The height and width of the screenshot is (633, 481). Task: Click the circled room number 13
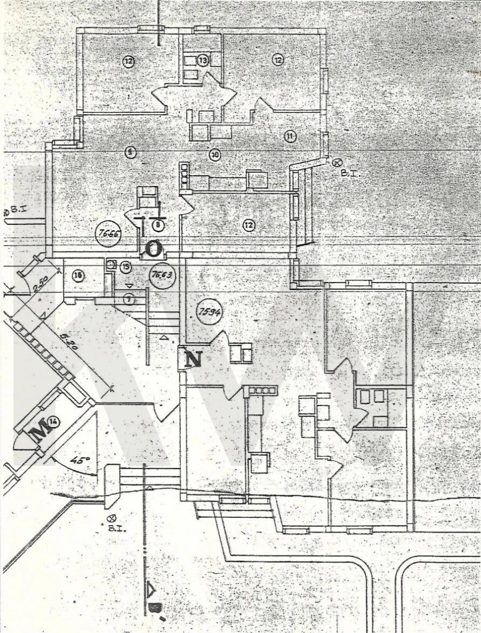(203, 60)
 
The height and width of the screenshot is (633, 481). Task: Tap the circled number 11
(290, 136)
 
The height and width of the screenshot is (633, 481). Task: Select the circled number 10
(214, 155)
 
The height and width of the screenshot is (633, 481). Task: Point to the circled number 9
(129, 152)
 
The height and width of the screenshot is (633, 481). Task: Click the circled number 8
(158, 225)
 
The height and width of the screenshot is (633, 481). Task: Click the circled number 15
(126, 265)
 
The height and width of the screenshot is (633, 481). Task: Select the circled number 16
(78, 275)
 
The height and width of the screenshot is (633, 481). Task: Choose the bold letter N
(193, 359)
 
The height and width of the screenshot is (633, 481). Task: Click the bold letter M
(38, 432)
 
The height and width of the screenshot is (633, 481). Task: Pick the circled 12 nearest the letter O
(249, 225)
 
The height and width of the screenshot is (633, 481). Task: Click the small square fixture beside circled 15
(111, 264)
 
